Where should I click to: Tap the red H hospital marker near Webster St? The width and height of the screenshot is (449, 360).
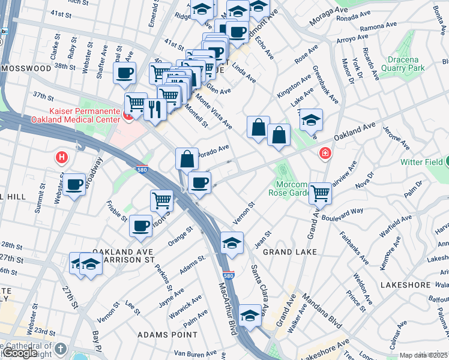click(x=61, y=158)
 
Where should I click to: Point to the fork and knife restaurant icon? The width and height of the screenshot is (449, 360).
click(x=155, y=109)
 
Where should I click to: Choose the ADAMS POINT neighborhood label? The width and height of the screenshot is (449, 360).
click(x=167, y=334)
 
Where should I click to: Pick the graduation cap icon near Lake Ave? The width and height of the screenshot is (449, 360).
click(x=312, y=120)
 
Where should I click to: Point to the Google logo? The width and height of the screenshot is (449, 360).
click(x=20, y=353)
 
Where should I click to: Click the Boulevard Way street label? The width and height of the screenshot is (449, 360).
click(x=342, y=214)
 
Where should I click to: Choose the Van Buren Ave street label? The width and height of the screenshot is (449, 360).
click(x=199, y=354)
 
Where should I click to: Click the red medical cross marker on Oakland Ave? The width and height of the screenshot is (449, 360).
click(x=325, y=154)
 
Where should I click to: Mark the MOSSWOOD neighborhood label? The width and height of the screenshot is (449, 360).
click(x=26, y=68)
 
